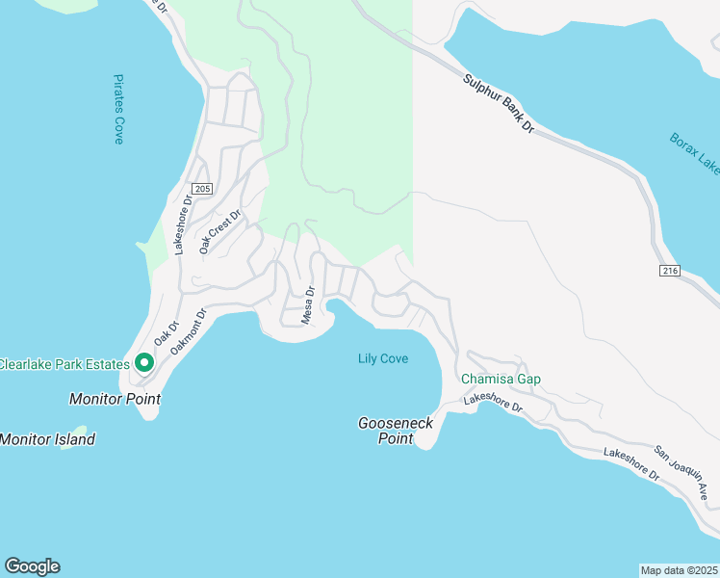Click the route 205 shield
coord(201,189)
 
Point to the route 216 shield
coord(671,272)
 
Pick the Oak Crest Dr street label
coord(219,232)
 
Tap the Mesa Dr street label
coord(309,305)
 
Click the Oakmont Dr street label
coord(190,331)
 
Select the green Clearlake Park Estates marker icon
coord(144,363)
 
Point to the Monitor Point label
coord(115,399)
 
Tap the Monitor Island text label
coord(47,439)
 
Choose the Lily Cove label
coord(383,359)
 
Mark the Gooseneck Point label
coord(396,431)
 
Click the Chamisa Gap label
coord(501,379)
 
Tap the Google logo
coord(32,566)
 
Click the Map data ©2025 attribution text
coord(679,569)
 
